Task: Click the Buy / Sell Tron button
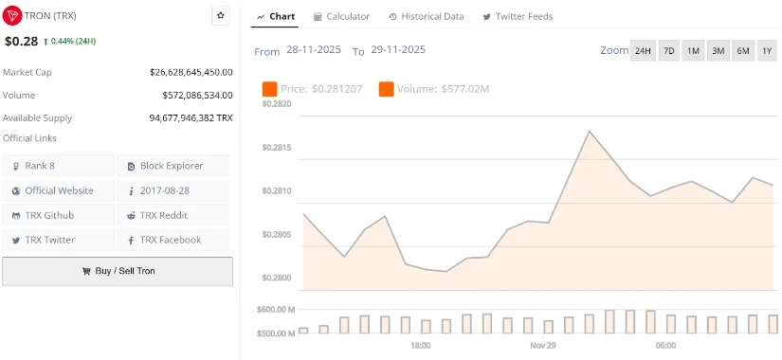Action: [x=118, y=271]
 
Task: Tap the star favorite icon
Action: [x=220, y=15]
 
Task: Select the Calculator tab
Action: [x=341, y=16]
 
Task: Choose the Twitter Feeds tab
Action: [x=518, y=16]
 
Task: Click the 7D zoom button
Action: [x=668, y=50]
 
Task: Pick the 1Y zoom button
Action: [x=767, y=50]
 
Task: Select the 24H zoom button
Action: [x=643, y=50]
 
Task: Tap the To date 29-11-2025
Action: [x=398, y=50]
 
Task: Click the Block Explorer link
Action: [x=173, y=166]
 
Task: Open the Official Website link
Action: [x=59, y=190]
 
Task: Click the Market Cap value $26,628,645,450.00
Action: [x=191, y=72]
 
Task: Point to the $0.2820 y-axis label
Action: [x=277, y=104]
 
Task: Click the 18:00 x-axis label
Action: [x=420, y=346]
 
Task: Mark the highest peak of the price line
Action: [x=589, y=131]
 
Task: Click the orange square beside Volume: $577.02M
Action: [x=386, y=89]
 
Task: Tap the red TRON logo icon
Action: [x=12, y=16]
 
